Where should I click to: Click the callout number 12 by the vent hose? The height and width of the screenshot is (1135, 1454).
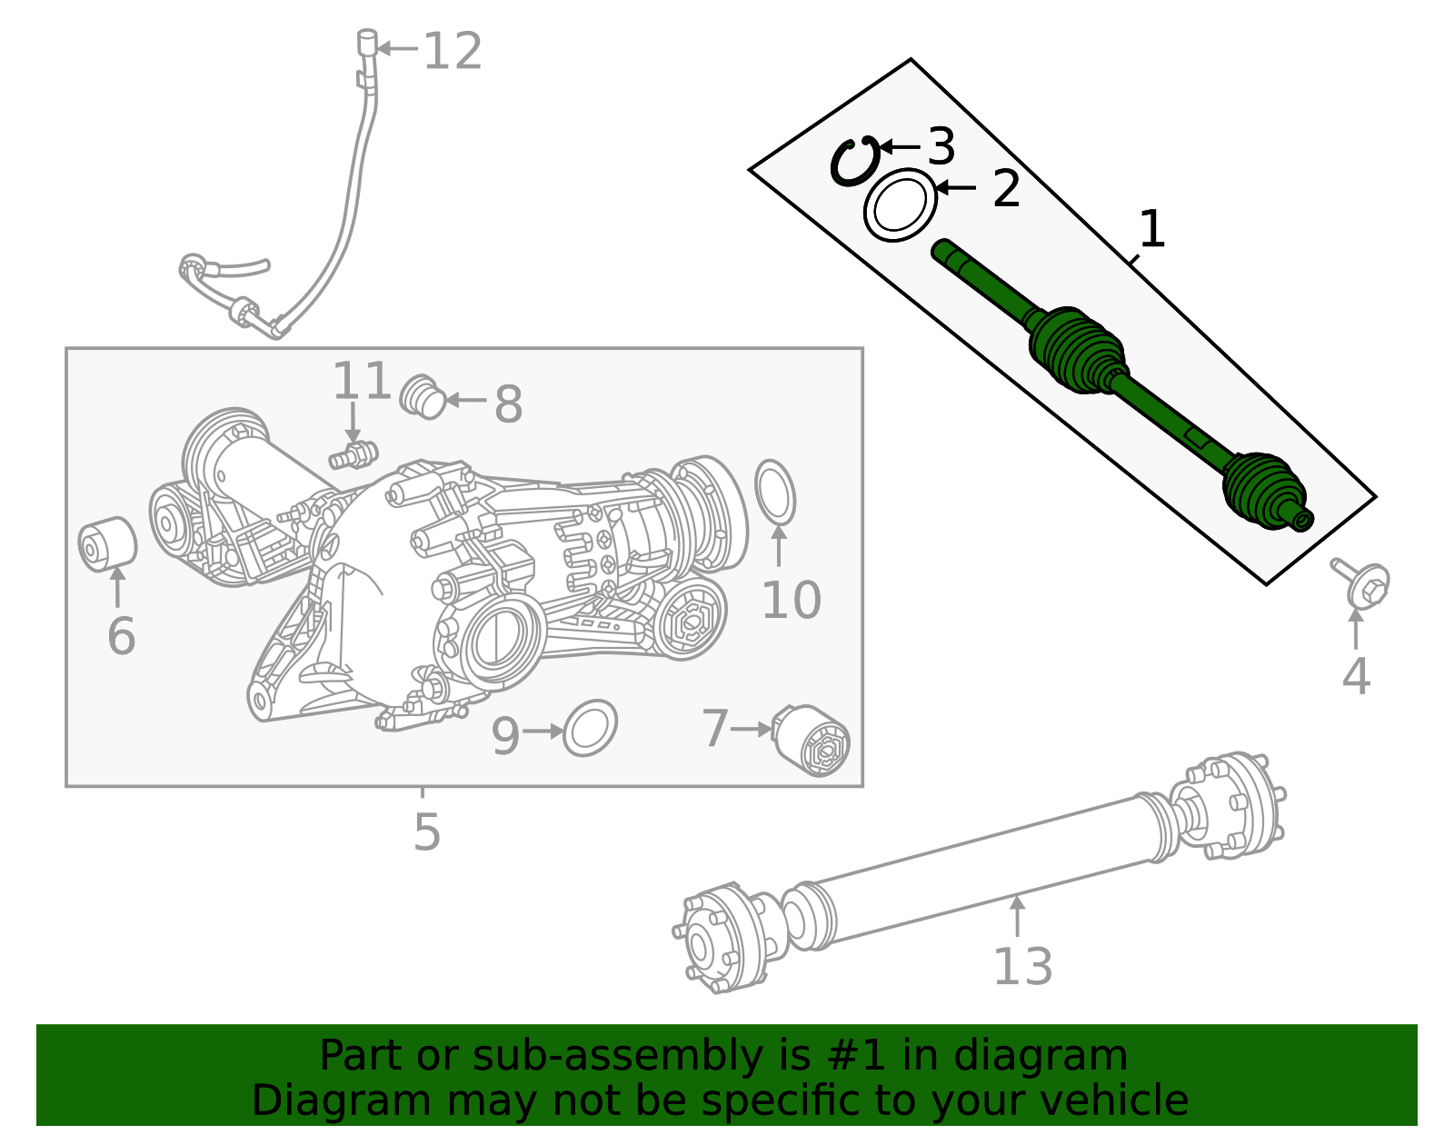453,51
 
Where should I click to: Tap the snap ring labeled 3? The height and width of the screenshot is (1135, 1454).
854,162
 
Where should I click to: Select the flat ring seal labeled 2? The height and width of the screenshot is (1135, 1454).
900,205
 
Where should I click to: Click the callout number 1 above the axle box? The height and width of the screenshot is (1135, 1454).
1151,229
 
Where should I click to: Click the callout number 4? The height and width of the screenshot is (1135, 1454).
1356,677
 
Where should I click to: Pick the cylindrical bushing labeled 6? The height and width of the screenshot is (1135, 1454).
107,544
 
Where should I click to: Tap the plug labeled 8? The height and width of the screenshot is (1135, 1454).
423,396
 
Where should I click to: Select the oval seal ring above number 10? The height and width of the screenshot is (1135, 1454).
775,492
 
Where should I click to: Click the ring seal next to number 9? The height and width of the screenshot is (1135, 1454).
590,728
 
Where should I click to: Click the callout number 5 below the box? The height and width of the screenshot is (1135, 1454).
426,832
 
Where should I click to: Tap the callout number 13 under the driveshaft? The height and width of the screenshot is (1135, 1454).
1022,967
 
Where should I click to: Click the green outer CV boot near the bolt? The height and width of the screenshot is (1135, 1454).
1263,488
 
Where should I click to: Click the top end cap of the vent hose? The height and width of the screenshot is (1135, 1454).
366,41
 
